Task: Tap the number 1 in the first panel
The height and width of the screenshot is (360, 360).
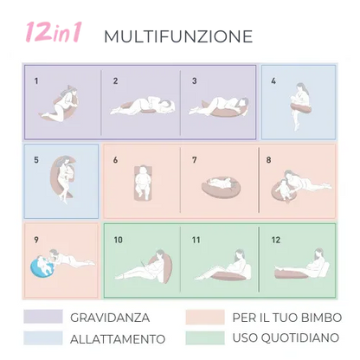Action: pos(36,80)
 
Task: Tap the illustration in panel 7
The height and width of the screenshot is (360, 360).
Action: pos(218,184)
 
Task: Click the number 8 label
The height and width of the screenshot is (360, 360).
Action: pos(268,159)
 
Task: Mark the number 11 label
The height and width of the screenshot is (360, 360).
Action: pos(196,238)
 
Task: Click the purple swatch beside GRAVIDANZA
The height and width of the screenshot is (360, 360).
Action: pos(42,316)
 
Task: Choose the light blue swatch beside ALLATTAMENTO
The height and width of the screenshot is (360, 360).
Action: pos(42,337)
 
